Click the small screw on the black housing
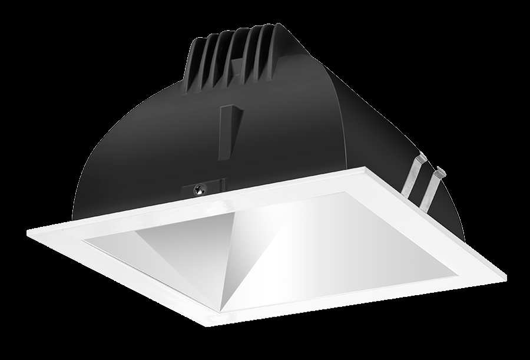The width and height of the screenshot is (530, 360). [x=200, y=189]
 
